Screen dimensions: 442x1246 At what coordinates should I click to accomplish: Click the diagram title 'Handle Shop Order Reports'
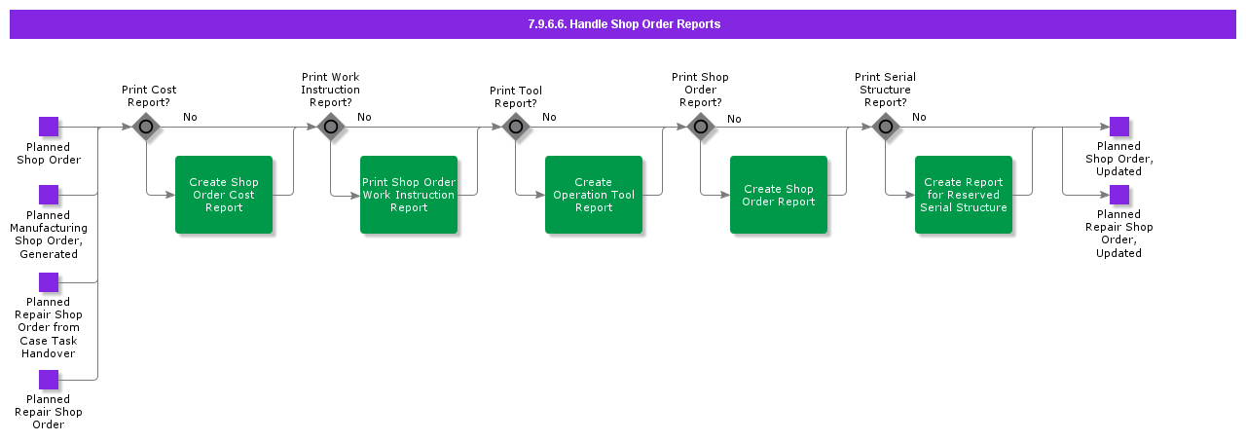(623, 24)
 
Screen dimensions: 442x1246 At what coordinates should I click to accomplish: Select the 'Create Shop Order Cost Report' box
(224, 195)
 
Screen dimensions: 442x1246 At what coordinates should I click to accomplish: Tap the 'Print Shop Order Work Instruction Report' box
(409, 195)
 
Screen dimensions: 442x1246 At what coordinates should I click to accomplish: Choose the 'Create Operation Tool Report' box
(594, 195)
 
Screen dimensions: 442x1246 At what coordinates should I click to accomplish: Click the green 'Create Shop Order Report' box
(779, 195)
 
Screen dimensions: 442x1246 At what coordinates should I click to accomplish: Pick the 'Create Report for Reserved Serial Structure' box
(964, 195)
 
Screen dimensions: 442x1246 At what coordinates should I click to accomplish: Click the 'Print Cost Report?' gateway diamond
(146, 127)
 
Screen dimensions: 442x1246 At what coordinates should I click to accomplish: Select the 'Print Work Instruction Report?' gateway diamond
(331, 127)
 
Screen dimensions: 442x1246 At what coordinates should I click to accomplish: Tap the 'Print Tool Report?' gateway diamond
(516, 127)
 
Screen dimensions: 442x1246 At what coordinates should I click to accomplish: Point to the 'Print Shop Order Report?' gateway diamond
(701, 127)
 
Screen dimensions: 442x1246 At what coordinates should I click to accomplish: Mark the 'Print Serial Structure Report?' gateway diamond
(886, 127)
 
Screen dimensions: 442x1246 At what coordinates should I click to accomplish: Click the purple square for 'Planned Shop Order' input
(49, 127)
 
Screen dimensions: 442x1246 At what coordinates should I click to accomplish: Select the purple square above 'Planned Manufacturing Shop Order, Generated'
(49, 195)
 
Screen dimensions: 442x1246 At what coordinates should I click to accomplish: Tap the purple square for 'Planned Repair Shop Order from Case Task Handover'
(49, 282)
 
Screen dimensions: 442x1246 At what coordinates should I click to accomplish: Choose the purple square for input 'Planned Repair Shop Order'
(49, 380)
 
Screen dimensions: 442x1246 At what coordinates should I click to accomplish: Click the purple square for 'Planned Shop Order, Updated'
(1119, 127)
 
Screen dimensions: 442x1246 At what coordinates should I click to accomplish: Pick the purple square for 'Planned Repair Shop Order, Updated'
(1119, 195)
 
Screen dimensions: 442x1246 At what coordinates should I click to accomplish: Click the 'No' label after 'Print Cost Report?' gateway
(190, 118)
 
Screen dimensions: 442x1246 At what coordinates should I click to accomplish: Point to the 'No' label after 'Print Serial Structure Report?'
(919, 118)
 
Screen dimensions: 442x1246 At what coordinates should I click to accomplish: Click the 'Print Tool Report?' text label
(516, 97)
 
